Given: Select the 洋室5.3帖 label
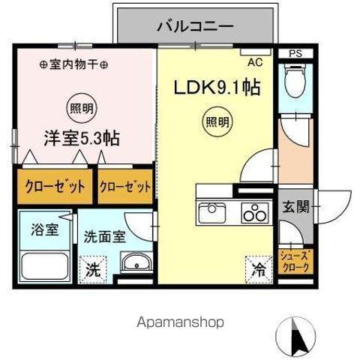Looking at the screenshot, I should (x=81, y=139).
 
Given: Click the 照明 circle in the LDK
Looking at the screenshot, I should (x=217, y=120).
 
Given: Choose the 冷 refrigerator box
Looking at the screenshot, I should (x=258, y=265).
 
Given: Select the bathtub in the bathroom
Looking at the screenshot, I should (x=41, y=265).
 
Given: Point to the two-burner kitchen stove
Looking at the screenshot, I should (x=253, y=213).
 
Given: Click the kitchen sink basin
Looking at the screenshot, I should (x=214, y=213).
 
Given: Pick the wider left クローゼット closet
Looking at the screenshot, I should (x=51, y=186).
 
